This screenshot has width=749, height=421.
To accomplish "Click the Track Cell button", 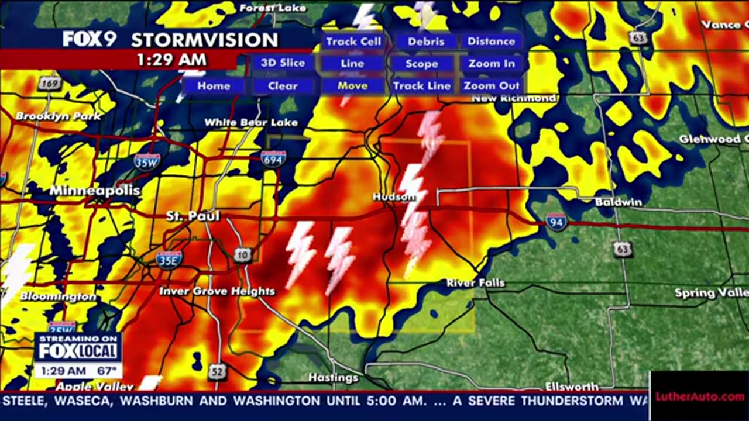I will point(353,42).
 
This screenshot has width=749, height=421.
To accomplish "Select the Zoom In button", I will point(492,64).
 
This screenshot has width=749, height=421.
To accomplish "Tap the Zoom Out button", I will point(492,86).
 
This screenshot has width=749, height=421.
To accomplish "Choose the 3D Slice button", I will point(283,63).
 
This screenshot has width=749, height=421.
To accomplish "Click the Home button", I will point(214,86).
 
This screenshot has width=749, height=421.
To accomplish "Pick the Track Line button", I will point(422,86).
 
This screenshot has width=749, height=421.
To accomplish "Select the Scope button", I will point(422,64).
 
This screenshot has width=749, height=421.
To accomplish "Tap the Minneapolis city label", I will point(95,191).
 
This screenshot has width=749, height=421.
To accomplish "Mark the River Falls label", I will point(476,283).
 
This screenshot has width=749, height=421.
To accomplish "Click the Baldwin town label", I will point(619,202).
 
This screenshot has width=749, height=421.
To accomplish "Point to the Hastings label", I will point(334,378).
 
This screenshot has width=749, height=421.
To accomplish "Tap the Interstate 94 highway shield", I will point(556,222).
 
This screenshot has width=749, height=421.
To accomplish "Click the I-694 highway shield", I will point(274,158).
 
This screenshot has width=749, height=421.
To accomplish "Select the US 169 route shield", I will point(50,84).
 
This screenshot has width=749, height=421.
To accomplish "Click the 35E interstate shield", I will point(169,259).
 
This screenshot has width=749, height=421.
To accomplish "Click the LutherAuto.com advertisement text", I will point(699,397).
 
